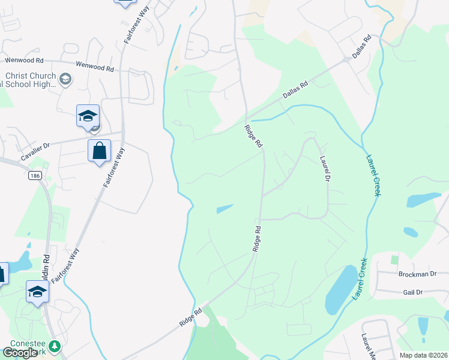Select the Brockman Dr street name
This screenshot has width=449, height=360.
(417, 274)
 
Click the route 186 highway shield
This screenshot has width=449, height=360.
(35, 176)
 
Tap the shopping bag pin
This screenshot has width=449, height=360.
(100, 151)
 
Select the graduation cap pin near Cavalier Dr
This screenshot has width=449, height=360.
(88, 116)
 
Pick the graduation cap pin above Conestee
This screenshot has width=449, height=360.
(37, 292)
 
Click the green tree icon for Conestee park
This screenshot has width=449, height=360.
(55, 346)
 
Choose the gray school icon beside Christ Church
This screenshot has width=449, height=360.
(65, 79)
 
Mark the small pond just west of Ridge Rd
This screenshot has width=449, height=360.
(224, 209)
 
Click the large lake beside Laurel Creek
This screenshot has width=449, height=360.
(340, 289)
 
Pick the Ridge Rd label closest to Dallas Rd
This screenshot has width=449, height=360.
(254, 136)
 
